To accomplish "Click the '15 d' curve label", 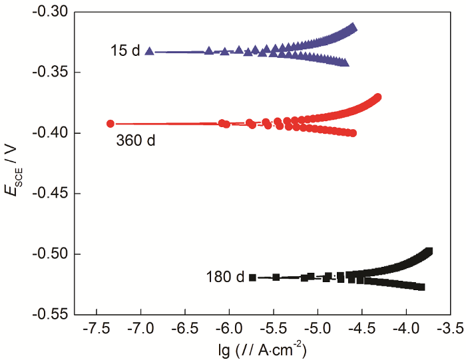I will (125, 50).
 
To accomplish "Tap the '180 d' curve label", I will (226, 276).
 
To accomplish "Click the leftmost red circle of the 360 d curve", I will (111, 123).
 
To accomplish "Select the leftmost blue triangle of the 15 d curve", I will (149, 51).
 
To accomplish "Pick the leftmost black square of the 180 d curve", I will (253, 277).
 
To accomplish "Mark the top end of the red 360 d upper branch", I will (378, 98).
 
